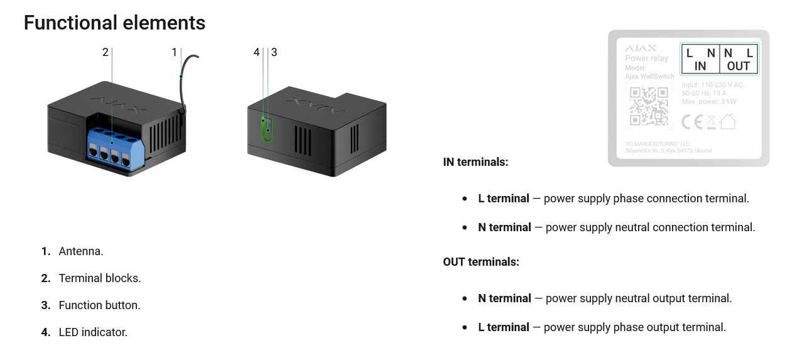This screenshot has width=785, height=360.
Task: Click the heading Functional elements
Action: click(x=114, y=23)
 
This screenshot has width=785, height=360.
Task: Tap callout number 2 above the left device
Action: click(x=106, y=52)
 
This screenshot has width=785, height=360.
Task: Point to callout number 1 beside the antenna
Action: click(x=175, y=52)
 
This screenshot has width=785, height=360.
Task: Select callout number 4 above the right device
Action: click(x=256, y=52)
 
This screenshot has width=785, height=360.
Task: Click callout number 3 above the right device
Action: click(x=274, y=52)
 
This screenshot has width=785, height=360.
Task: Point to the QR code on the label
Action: click(x=649, y=106)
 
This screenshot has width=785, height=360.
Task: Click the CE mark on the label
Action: click(x=691, y=121)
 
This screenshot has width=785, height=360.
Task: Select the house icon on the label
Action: click(x=727, y=121)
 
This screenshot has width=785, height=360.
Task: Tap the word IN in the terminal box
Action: click(x=700, y=66)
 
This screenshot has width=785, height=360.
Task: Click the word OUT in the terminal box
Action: click(x=739, y=66)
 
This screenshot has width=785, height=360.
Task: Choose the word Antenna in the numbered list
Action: click(x=81, y=251)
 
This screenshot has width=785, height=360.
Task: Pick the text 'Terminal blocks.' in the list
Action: click(x=100, y=278)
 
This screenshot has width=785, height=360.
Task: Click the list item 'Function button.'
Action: click(x=99, y=305)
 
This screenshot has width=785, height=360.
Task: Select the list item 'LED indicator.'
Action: click(x=93, y=332)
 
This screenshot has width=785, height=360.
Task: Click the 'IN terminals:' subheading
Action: click(x=475, y=162)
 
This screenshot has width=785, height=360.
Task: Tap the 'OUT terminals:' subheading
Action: click(x=481, y=262)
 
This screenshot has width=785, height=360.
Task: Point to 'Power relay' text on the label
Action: click(x=646, y=58)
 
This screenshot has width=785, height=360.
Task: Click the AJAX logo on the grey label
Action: click(x=641, y=48)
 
